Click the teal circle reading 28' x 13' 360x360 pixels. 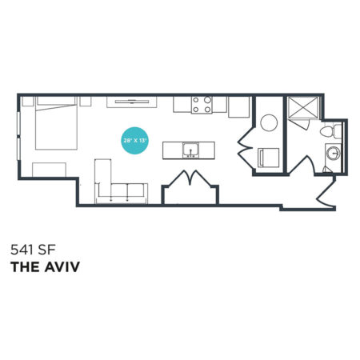point(134,141)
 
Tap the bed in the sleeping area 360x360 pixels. point(56,123)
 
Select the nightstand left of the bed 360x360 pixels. point(28,102)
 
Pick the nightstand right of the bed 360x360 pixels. point(86,102)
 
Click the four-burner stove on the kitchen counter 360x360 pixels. point(202,105)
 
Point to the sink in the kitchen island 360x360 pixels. point(190,150)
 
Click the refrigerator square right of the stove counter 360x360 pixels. point(238,107)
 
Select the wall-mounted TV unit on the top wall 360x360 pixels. point(132,102)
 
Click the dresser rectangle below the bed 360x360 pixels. point(49,170)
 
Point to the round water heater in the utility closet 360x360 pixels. point(269,122)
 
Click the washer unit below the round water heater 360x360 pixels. point(269,158)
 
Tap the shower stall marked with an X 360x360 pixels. point(304,107)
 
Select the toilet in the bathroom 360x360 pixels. point(330,131)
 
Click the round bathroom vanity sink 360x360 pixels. point(334,153)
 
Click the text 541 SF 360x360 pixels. point(33,250)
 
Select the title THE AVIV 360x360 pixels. point(45,267)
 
